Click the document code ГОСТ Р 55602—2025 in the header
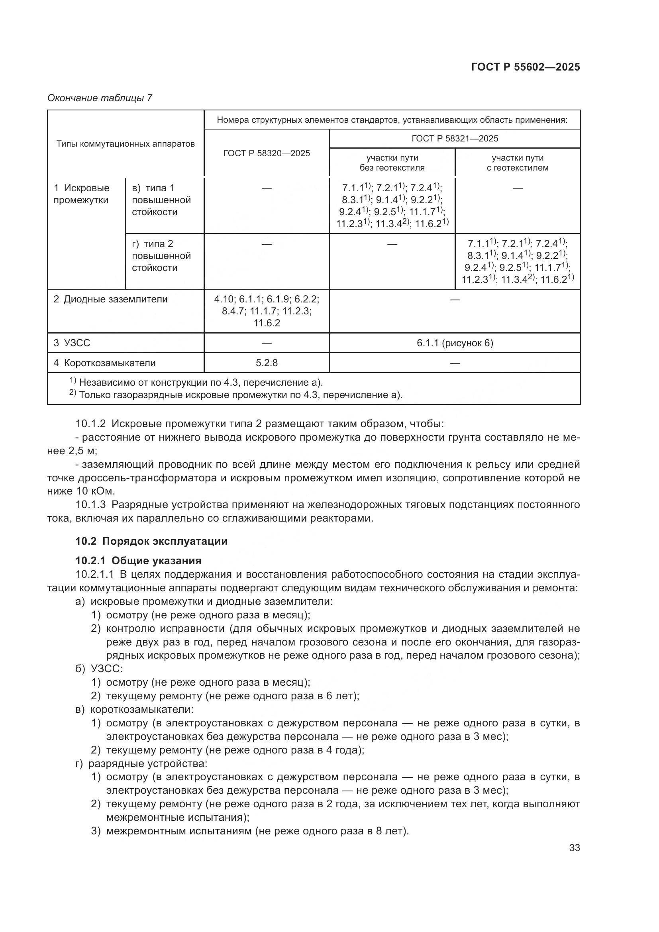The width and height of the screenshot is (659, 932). pyautogui.click(x=526, y=67)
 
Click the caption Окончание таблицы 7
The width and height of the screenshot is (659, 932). pyautogui.click(x=100, y=98)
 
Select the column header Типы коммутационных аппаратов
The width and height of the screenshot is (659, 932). pyautogui.click(x=126, y=144)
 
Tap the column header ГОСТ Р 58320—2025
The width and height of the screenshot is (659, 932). pyautogui.click(x=267, y=153)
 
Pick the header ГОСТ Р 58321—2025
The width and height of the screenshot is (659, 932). pyautogui.click(x=455, y=138)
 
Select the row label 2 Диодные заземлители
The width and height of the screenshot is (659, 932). pyautogui.click(x=110, y=299)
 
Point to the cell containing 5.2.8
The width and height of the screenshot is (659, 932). pyautogui.click(x=267, y=363)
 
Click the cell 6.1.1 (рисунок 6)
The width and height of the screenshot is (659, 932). pyautogui.click(x=455, y=343)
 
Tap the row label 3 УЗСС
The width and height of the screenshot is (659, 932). pyautogui.click(x=72, y=343)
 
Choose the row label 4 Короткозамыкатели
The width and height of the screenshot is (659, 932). pyautogui.click(x=105, y=363)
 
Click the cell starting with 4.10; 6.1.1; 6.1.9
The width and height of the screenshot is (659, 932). pyautogui.click(x=267, y=311)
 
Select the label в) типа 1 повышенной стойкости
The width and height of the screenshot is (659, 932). pyautogui.click(x=161, y=200)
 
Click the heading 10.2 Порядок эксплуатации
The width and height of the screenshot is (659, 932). pyautogui.click(x=151, y=541)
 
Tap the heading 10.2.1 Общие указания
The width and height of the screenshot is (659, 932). pyautogui.click(x=138, y=561)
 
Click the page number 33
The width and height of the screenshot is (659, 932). pyautogui.click(x=574, y=848)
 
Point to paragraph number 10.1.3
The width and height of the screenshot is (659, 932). pyautogui.click(x=90, y=504)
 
